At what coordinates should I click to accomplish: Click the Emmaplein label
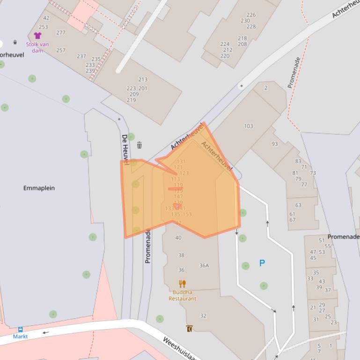39,188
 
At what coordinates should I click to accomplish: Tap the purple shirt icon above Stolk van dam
37,36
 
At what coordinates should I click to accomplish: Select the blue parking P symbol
262,263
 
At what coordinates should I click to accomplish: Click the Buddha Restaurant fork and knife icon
182,283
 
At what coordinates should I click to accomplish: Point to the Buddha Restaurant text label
182,295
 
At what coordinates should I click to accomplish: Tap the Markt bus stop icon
20,330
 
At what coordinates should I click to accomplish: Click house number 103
249,126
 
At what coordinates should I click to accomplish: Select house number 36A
204,266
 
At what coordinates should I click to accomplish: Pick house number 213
143,80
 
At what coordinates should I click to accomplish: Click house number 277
61,33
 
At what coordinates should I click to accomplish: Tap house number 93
275,144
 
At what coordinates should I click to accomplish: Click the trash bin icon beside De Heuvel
140,145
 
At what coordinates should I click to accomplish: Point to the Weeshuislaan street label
181,348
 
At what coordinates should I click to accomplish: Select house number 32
203,316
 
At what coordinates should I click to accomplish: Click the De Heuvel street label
125,149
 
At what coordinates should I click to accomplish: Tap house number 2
266,88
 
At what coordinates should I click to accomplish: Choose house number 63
298,205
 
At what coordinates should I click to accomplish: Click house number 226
251,15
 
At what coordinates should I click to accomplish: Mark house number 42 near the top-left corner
46,19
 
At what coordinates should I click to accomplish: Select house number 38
181,255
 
